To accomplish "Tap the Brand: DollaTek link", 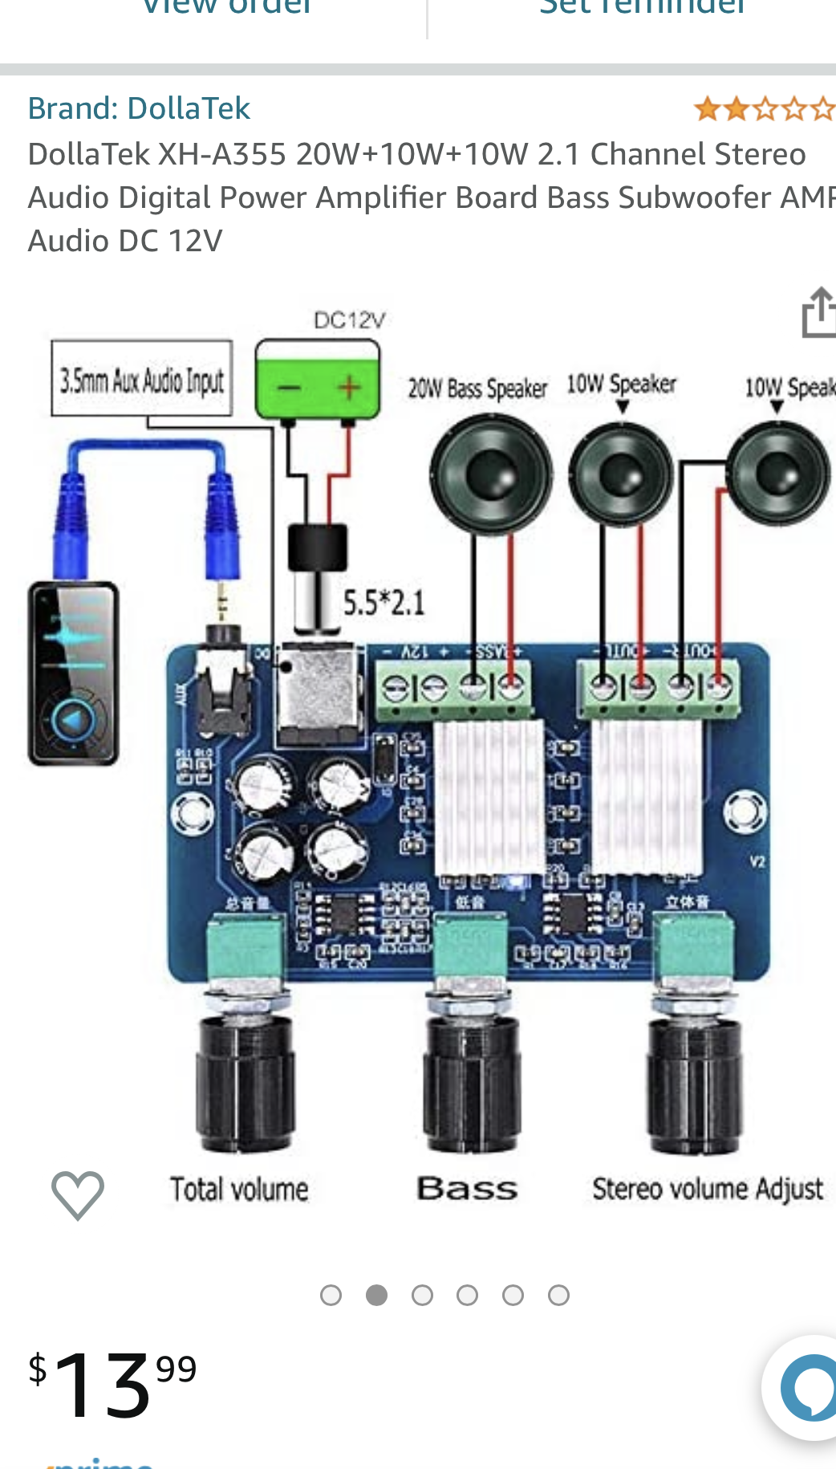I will (139, 108).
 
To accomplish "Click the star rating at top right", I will (765, 108).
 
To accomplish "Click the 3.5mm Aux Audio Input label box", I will (142, 378).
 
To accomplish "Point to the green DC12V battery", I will (318, 379).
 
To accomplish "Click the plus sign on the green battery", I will (349, 389).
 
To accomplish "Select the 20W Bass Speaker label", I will (477, 389).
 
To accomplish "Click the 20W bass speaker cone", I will (491, 474).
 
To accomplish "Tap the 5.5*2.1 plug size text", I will (384, 603).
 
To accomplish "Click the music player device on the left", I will (74, 673).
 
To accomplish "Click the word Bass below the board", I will (467, 1189).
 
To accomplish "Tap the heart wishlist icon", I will (78, 1194).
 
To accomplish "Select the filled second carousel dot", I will (376, 1295).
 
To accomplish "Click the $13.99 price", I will (112, 1382).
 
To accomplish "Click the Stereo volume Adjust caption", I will (708, 1189).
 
